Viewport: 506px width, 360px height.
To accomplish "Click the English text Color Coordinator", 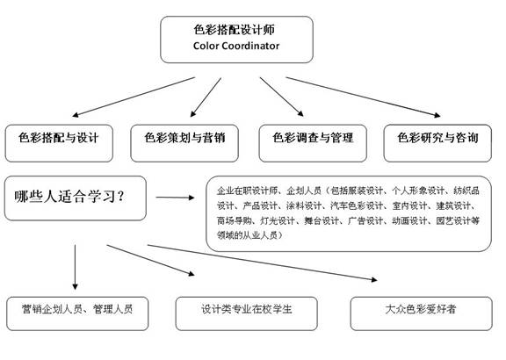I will coord(235,46).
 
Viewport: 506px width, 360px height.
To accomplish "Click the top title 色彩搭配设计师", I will coord(235,29).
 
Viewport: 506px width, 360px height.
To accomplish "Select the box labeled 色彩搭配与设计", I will coord(59,139).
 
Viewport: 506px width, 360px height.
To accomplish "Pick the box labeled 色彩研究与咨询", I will coord(438,139).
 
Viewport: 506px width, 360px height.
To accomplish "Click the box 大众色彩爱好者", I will coord(419,309).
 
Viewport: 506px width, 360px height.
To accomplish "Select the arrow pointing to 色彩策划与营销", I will coord(206,95).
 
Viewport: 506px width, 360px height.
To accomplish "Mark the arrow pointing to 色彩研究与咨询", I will coord(361,96).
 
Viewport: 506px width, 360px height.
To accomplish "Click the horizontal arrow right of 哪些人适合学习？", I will coord(175,198).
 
